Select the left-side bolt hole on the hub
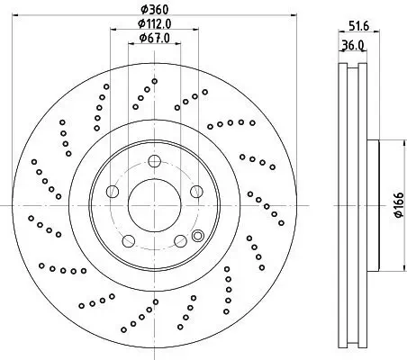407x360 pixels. pyautogui.click(x=112, y=191)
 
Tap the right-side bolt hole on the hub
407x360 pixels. pyautogui.click(x=194, y=191)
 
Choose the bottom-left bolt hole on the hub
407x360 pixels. pyautogui.click(x=127, y=239)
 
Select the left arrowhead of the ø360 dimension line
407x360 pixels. pyautogui.click(x=23, y=16)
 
